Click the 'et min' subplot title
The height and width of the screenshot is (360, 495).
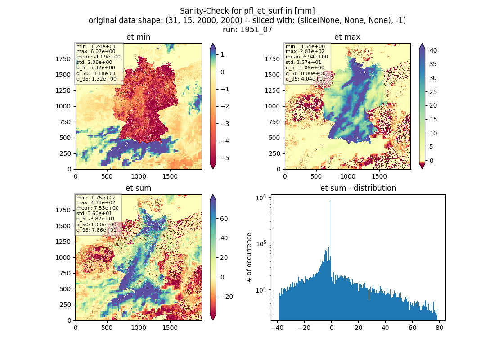coord(138,37)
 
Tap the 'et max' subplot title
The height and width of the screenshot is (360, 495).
coord(347,37)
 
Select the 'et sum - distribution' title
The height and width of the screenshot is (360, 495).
coord(358,188)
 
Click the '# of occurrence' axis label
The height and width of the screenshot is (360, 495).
coord(249,258)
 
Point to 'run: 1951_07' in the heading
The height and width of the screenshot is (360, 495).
coord(247,30)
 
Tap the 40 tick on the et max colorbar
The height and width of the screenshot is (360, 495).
coord(433,50)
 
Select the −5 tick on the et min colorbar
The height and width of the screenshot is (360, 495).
coord(225,158)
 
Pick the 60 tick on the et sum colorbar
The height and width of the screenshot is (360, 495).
coord(224,219)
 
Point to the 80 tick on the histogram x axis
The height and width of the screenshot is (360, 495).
coord(440,328)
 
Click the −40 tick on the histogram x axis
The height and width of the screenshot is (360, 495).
coord(277,328)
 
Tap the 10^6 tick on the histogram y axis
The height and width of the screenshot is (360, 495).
coord(261,198)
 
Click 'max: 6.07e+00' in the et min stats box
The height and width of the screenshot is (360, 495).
coord(96,51)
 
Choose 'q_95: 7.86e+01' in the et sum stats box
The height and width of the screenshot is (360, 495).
coord(96,230)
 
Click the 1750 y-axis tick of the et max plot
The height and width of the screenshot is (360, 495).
coord(272,59)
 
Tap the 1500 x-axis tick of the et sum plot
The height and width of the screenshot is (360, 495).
coord(170,328)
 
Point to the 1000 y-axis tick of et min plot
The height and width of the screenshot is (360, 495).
coord(63,106)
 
